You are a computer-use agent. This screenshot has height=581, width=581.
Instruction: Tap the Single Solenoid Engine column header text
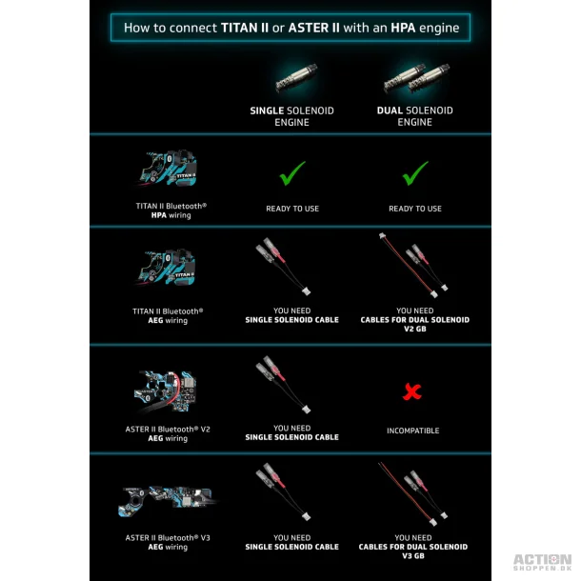point(292,116)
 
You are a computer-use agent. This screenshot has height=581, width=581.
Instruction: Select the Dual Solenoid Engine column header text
point(414,116)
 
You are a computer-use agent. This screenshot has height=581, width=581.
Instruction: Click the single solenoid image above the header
point(297,77)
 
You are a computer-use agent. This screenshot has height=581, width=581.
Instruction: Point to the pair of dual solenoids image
point(417,78)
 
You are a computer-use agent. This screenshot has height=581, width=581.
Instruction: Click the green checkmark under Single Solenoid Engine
point(292,173)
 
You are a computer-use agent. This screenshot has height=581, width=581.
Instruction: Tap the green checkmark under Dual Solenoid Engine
point(415,173)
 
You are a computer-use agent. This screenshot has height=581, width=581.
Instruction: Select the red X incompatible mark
point(412,392)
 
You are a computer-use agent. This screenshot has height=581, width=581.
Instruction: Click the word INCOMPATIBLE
point(412,431)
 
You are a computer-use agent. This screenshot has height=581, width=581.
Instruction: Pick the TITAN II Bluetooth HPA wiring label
point(170,210)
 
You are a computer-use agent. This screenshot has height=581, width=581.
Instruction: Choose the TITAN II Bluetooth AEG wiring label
point(168,315)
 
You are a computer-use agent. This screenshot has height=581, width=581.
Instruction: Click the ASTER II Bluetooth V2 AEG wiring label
point(168,433)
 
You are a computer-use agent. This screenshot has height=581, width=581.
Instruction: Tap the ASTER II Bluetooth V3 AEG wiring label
point(168,542)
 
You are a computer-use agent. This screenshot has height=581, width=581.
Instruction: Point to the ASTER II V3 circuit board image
point(167,500)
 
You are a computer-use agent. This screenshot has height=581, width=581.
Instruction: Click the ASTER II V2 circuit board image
point(166,391)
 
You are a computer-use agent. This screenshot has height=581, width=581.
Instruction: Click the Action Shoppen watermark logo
point(543,562)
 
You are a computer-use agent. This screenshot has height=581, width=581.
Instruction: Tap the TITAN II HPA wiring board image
point(168,169)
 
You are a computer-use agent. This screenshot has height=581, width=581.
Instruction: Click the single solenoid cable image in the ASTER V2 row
point(283,384)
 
